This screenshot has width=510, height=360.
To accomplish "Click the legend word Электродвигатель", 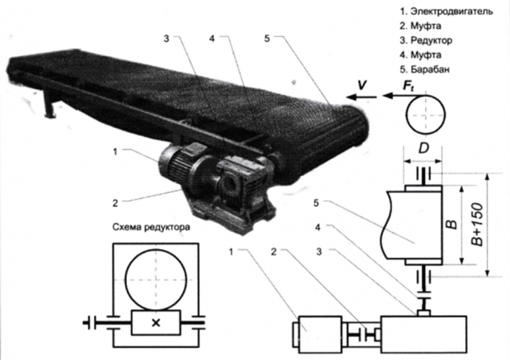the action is tap(452, 11).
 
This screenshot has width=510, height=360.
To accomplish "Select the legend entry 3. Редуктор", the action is tap(426, 41).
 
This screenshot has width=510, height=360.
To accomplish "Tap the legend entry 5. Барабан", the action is tap(425, 69).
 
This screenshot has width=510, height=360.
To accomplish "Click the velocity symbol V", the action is tap(361, 85).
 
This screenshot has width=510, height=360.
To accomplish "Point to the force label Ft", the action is tap(408, 86).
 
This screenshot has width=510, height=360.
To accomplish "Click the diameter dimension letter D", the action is tap(423, 149).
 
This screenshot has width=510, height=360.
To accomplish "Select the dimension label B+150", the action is tap(477, 224).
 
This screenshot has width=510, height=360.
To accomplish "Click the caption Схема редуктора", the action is tap(152, 227).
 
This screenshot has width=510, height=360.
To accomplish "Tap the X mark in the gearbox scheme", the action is tap(156, 322).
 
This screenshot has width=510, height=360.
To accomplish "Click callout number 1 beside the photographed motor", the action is tap(115, 151).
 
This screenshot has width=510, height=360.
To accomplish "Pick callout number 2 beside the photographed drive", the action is tap(115, 203).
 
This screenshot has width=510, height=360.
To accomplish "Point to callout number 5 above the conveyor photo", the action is tap(267, 38).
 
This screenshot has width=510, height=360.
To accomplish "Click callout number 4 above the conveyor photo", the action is tap(212, 38).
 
